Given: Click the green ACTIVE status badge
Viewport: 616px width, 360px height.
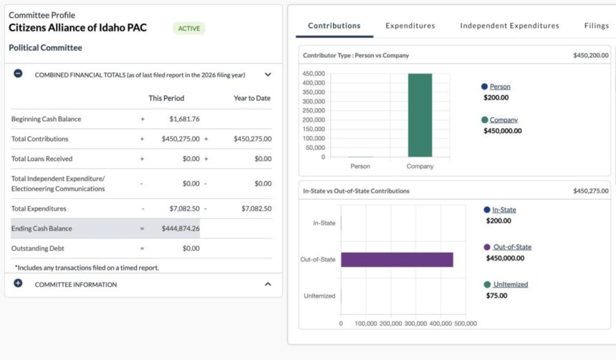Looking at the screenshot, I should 189,29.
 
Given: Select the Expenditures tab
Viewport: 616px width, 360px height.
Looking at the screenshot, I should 410,26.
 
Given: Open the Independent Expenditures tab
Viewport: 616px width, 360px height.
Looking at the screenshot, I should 509,26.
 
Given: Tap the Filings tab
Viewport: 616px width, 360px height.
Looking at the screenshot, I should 596,26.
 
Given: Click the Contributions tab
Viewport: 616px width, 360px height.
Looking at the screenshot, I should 334,26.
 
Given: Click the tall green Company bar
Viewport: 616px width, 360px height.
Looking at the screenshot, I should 420,115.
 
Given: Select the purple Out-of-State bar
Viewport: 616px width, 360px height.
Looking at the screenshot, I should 397,259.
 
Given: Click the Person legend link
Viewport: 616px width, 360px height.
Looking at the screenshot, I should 500,87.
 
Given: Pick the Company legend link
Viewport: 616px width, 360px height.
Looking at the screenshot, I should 504,120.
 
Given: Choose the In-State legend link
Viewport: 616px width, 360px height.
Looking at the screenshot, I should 504,210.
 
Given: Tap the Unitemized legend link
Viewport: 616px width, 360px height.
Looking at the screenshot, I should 510,284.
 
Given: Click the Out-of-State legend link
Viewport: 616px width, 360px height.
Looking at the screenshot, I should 512,247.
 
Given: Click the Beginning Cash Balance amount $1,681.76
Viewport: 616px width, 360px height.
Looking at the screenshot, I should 184,119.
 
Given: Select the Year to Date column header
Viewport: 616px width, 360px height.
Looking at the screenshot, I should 252,98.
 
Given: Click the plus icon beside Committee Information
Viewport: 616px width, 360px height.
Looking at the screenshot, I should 19,283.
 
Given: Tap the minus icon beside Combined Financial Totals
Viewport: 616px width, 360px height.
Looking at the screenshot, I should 19,74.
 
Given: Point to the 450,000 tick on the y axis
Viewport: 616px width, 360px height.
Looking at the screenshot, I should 314,74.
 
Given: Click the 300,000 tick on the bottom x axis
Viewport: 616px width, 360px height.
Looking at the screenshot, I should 415,323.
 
